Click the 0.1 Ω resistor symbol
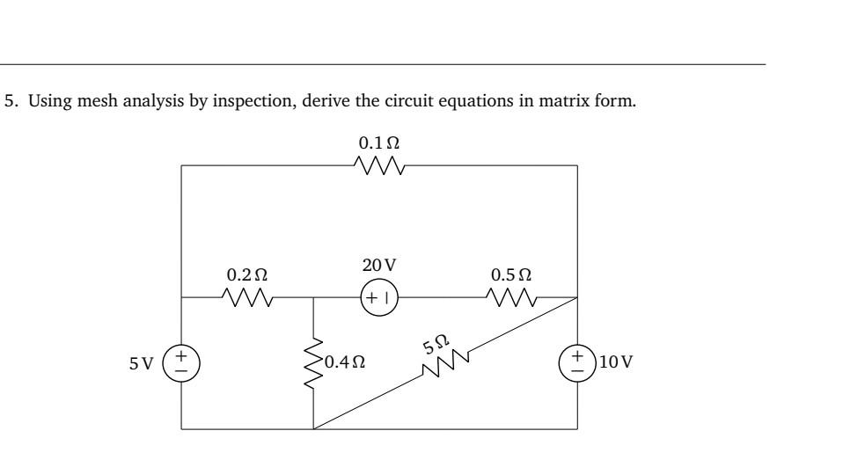378,165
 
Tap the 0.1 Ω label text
378,142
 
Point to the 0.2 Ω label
249,274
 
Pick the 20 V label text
379,264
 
